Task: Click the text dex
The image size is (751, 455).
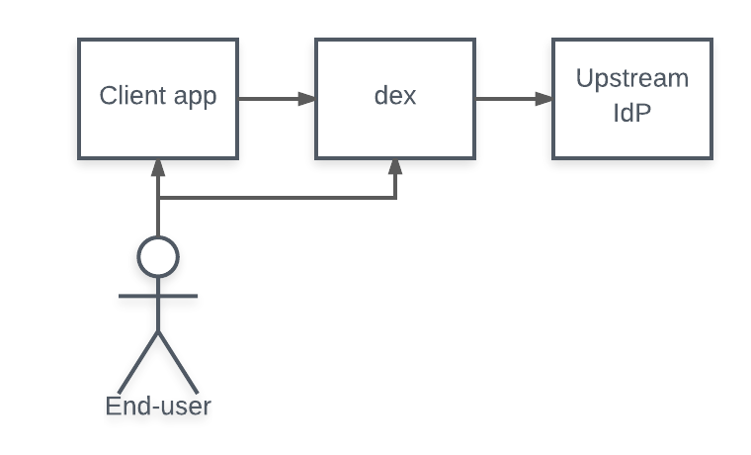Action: point(395,97)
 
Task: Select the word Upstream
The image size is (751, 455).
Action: point(632,79)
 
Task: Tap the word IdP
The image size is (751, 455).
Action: point(632,113)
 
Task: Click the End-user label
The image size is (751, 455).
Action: point(158,406)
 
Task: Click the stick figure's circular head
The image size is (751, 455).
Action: point(158,257)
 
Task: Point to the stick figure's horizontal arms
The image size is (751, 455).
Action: point(158,295)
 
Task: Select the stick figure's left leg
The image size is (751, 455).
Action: point(138,361)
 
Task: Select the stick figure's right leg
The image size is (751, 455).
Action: point(179,361)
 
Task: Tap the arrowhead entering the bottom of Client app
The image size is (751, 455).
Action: point(158,167)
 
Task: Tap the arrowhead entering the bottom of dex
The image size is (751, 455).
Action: point(395,167)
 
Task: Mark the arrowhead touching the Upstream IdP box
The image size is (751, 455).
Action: point(544,99)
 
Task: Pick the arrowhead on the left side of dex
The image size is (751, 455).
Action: point(307,99)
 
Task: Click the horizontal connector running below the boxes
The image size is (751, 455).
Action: point(277,198)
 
